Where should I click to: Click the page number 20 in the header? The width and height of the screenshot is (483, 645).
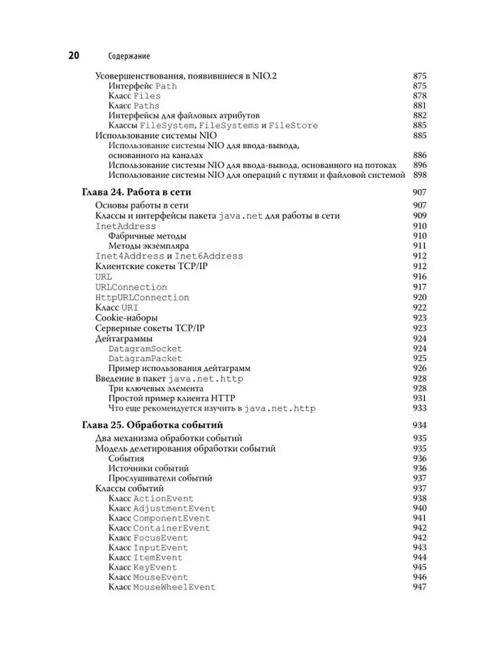coord(70,55)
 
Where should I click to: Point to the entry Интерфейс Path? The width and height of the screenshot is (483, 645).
coord(142,86)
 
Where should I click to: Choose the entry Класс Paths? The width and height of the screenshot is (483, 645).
coord(133,106)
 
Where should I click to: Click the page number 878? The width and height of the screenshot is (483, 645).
coord(419,95)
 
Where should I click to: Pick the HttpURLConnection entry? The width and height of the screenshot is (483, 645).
coord(142,297)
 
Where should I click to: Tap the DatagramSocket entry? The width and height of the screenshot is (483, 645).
coord(145,348)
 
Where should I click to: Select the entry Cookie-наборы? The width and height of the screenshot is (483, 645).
coord(126,318)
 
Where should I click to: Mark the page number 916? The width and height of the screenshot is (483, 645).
coord(419,277)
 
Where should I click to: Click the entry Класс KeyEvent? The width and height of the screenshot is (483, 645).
coord(138,568)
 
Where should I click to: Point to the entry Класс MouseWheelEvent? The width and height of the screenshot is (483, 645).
coord(162,588)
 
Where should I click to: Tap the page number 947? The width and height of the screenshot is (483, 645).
coord(419,588)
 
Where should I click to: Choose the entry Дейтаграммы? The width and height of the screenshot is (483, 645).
coord(124,338)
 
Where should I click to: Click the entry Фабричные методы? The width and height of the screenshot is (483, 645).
coord(145,237)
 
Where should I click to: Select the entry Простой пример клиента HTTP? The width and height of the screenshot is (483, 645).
coord(166,399)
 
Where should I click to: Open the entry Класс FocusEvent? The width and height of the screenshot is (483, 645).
coord(148,537)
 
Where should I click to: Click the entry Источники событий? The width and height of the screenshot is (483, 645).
coord(148,468)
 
